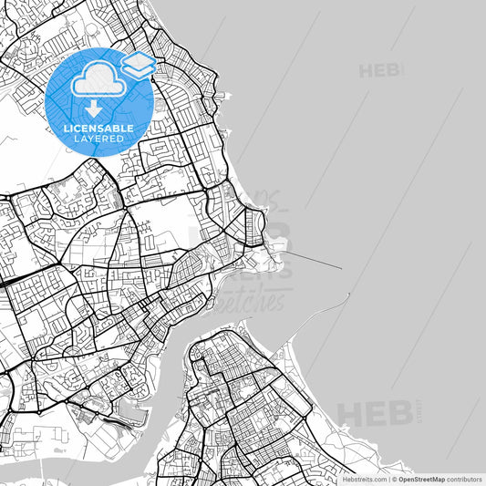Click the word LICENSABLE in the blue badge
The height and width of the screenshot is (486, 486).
click(x=98, y=129)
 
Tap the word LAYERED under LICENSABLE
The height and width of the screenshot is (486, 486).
click(x=98, y=139)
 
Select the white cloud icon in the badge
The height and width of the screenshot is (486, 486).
click(x=98, y=82)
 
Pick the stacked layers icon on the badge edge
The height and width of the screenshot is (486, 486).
click(x=138, y=64)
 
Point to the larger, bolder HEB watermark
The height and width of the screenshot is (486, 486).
click(x=374, y=412)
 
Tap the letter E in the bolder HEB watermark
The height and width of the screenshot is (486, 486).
click(x=374, y=412)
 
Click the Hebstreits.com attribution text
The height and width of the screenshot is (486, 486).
click(x=363, y=479)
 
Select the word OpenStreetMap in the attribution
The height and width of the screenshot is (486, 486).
click(x=419, y=479)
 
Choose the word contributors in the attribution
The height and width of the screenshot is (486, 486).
click(x=464, y=479)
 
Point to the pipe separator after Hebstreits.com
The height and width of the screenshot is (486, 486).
click(x=388, y=479)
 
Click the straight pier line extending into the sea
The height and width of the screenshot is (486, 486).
click(x=315, y=261)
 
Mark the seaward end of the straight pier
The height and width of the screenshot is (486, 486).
click(x=341, y=268)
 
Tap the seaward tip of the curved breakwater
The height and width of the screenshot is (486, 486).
click(x=348, y=295)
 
